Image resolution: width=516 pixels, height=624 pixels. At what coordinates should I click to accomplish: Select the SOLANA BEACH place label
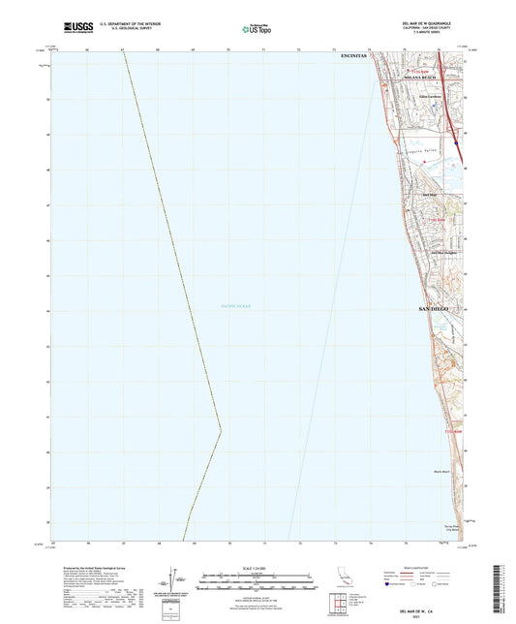pyautogui.click(x=423, y=78)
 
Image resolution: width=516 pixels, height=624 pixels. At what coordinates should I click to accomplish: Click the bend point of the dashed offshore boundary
pyautogui.click(x=221, y=429)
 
